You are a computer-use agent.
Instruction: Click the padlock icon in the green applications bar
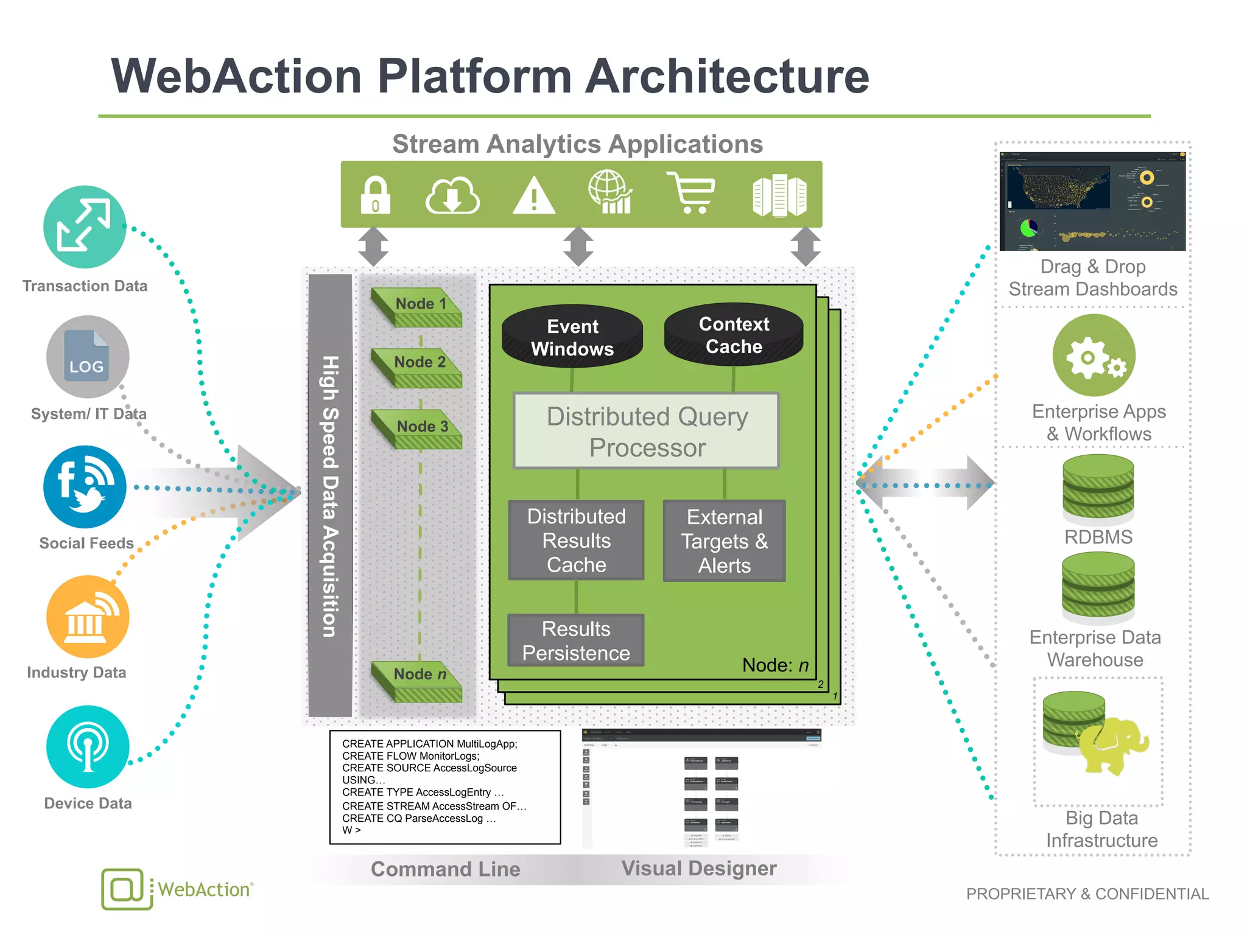375,195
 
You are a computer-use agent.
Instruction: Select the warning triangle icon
533,196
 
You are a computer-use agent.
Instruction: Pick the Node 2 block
418,367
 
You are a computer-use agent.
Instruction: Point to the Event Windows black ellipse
572,337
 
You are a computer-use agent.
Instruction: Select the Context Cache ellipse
734,335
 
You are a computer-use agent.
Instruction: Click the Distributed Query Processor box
647,431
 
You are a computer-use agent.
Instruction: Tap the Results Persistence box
576,640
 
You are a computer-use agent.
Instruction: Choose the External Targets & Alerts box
724,541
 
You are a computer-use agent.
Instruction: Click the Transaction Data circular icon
85,227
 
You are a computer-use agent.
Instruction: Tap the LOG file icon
87,357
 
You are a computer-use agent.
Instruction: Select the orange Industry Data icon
88,617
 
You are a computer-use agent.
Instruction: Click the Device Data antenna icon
88,747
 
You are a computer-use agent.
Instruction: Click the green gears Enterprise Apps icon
1094,355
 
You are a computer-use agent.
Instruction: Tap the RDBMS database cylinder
1098,490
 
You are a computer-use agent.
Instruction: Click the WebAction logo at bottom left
177,889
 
